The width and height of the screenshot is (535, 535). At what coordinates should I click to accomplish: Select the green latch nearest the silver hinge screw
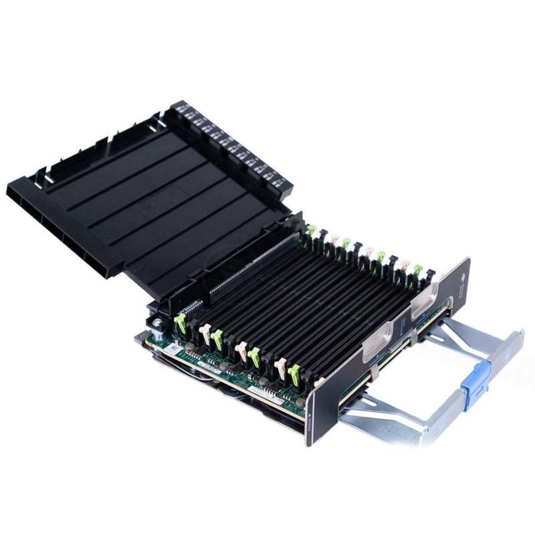click(179, 324)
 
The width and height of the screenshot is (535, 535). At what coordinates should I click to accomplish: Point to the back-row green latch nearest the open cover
click(311, 231)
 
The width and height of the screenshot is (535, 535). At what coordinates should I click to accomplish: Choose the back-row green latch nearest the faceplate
click(418, 270)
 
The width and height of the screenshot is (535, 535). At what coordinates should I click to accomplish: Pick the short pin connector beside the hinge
click(191, 307)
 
